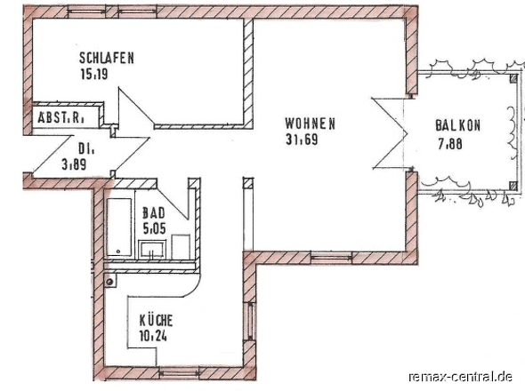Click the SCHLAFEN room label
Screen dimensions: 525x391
point(107,58)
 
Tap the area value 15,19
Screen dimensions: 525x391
point(94,74)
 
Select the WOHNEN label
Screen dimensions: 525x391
point(310,124)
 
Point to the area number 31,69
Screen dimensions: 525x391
point(302,140)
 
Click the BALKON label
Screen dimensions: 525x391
point(458,125)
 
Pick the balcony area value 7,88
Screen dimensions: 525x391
point(450,144)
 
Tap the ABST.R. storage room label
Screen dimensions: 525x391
point(61,117)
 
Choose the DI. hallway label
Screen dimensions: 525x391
point(86,148)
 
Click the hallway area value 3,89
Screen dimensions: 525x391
point(75,164)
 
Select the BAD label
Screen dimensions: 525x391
point(154,213)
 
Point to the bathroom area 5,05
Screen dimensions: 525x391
point(154,228)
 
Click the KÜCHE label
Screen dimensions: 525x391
point(156,320)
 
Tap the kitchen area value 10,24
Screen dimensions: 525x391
point(153,336)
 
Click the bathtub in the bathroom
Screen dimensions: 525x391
point(119,227)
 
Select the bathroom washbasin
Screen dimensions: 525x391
point(152,250)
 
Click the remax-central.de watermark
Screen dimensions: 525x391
point(460,377)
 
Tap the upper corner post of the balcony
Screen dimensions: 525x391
point(513,78)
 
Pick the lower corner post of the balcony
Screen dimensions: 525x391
point(513,186)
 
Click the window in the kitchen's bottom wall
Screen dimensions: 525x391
point(179,372)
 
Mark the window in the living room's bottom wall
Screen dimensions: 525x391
point(332,258)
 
